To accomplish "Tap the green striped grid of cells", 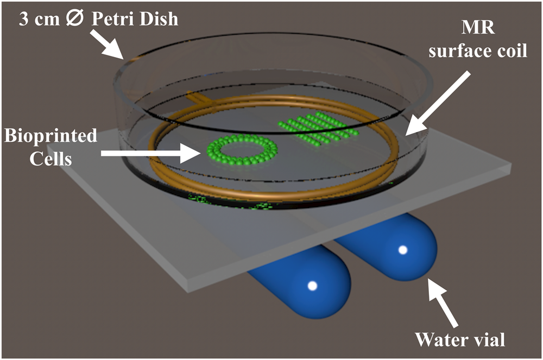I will pos(315,128).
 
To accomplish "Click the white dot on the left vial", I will pos(312,286).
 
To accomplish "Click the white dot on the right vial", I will pos(403,250).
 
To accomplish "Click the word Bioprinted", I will pos(51,135).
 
